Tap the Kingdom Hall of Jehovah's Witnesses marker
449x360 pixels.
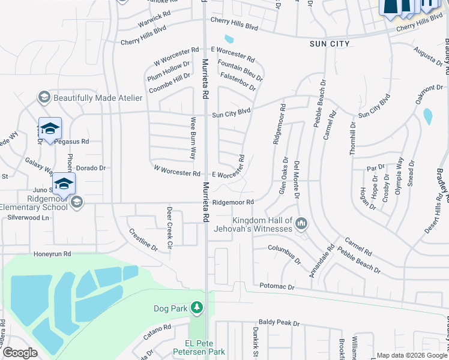tap(302, 224)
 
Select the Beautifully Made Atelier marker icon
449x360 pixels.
tap(44, 97)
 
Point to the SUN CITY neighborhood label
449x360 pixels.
tap(330, 44)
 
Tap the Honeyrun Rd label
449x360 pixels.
tap(52, 254)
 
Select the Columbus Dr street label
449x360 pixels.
tap(285, 254)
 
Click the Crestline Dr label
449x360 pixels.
tap(143, 239)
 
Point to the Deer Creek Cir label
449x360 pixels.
tap(169, 229)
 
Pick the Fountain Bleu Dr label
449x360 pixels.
tap(240, 71)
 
